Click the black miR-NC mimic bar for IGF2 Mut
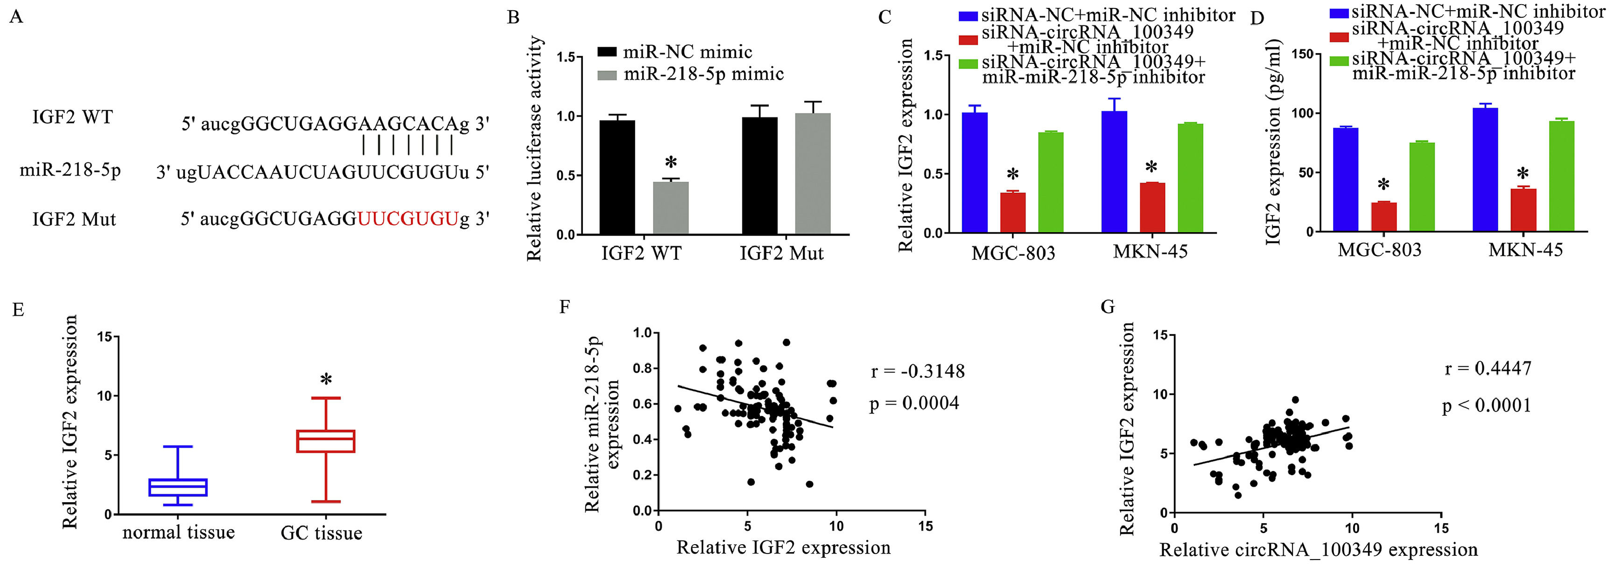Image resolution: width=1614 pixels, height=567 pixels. point(759,176)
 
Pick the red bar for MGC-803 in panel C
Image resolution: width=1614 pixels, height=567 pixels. point(1012,212)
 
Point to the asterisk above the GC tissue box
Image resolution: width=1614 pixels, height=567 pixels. point(326,379)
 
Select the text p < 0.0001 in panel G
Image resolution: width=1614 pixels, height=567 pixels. point(1486,406)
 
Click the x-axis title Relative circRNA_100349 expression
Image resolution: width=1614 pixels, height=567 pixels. point(1318,549)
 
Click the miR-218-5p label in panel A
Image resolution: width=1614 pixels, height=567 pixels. point(70,169)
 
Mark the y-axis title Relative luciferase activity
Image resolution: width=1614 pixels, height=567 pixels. point(534,148)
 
